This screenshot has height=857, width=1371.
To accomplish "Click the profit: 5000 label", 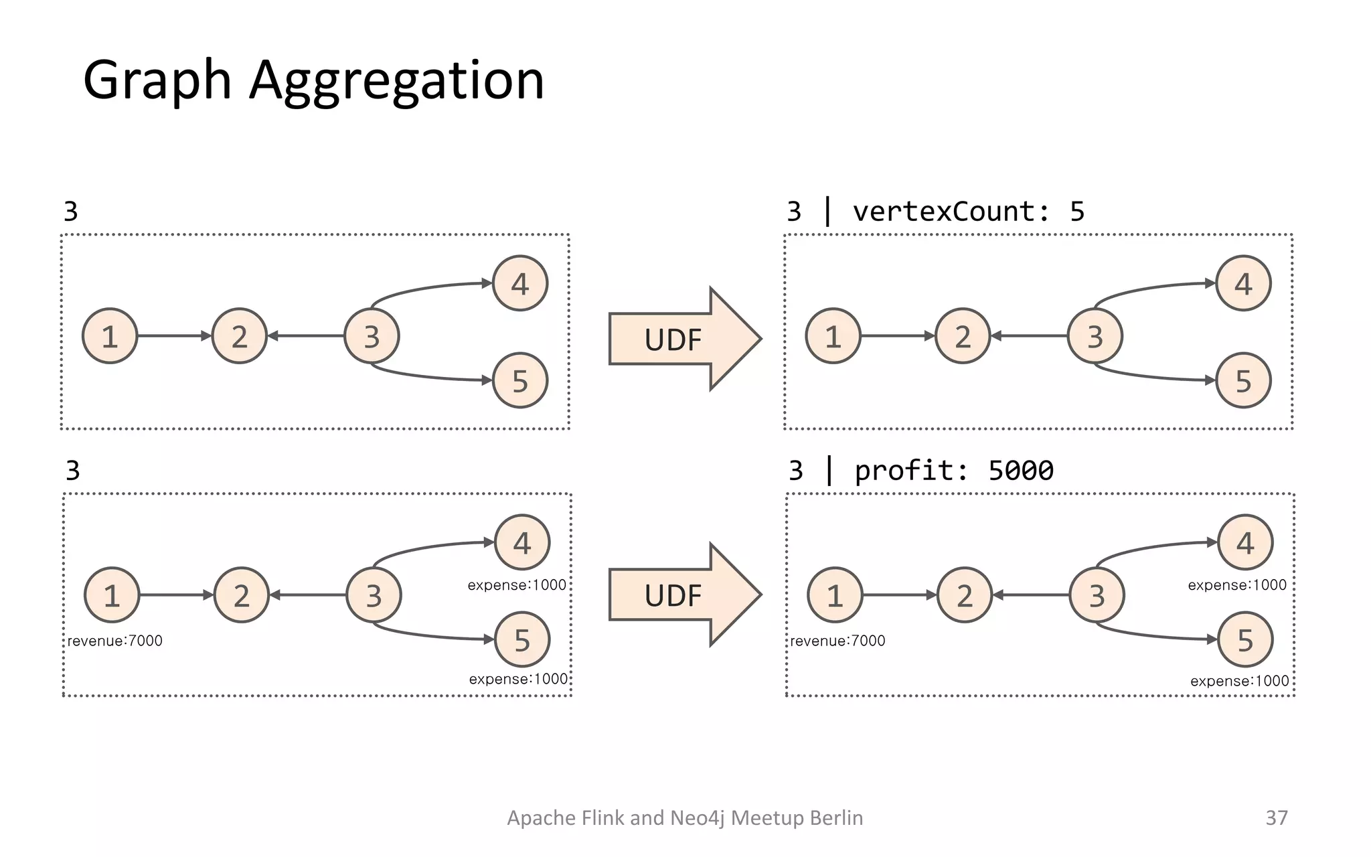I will [953, 471].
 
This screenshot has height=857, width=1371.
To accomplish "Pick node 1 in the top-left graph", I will [110, 336].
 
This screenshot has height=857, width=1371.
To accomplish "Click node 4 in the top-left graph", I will [520, 284].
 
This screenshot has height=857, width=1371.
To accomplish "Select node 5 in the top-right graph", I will [1243, 381].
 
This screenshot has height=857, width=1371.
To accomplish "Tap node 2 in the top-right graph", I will [963, 336].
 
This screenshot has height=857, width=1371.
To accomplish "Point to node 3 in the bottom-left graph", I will [374, 595].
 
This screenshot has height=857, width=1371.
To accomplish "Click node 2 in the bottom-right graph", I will [964, 595].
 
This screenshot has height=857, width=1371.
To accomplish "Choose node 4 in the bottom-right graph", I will [1245, 542].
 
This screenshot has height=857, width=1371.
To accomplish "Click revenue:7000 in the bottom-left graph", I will [115, 641].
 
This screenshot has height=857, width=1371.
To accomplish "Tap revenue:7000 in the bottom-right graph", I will [837, 641].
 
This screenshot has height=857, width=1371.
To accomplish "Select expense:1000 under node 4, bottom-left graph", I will [517, 585].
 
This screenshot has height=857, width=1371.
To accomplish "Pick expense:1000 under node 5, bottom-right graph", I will [1239, 681].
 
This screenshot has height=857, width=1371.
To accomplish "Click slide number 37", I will [1276, 817].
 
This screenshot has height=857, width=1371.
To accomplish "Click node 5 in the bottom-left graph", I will [522, 640].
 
